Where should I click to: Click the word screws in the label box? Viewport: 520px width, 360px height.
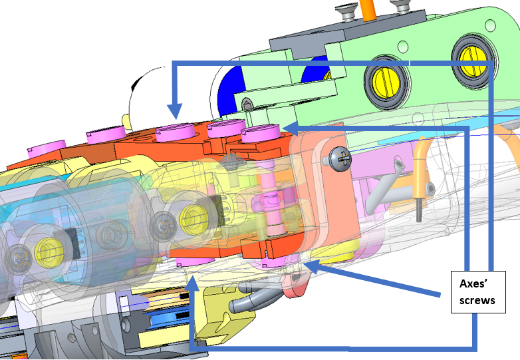(x=477, y=300)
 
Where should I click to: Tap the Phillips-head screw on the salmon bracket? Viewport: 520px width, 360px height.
(x=341, y=159)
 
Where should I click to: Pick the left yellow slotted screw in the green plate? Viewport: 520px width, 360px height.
(x=386, y=81)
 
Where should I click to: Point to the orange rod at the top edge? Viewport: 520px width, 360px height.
(x=368, y=10)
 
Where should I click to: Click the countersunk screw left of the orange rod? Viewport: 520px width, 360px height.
(x=346, y=11)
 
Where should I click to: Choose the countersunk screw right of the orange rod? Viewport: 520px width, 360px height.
(x=400, y=6)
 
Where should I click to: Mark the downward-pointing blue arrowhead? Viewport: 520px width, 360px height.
(x=175, y=111)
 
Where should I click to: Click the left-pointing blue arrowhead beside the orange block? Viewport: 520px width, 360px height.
(x=291, y=128)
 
